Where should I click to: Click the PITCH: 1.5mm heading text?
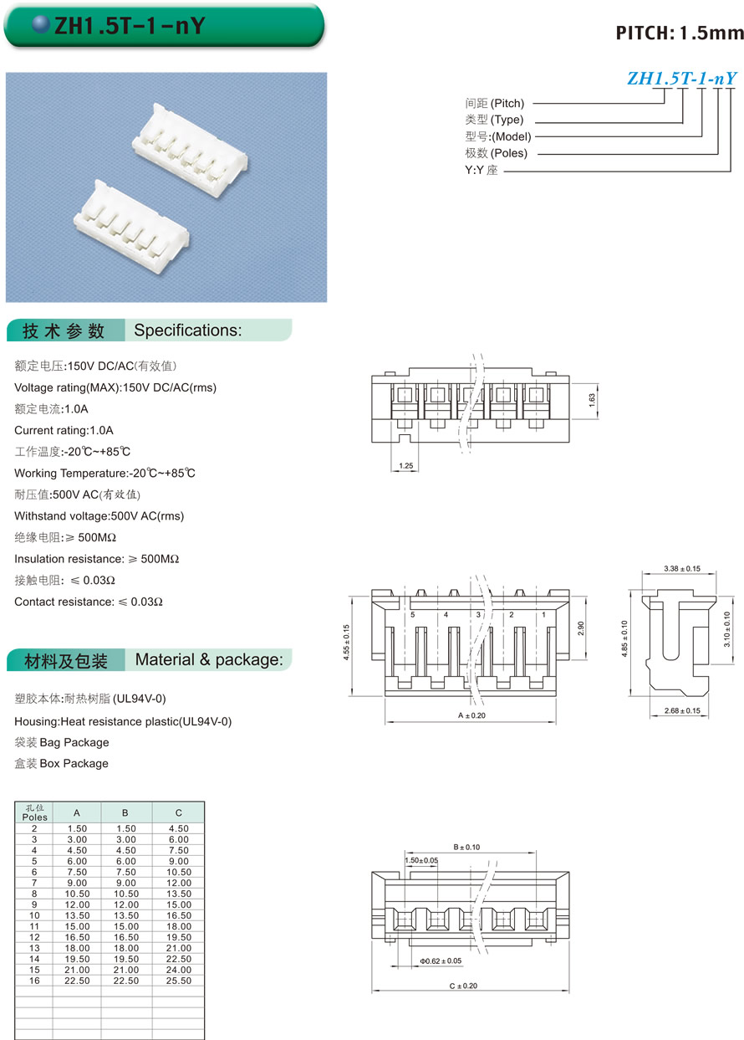click(679, 33)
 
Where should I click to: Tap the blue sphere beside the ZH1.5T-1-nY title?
click(41, 26)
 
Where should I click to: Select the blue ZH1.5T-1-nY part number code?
click(681, 79)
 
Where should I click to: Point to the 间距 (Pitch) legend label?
click(494, 104)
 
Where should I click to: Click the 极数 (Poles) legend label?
click(497, 153)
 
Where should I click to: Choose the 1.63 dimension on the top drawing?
click(591, 398)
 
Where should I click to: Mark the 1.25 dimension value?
click(406, 464)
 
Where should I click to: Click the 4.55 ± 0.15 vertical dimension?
click(346, 642)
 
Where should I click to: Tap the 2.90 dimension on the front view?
click(579, 628)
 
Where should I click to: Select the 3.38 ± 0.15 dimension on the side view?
click(681, 568)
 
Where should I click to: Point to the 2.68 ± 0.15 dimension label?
click(681, 711)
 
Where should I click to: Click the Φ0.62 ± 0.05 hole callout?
click(440, 961)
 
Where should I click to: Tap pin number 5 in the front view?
click(413, 615)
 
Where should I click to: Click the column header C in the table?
click(178, 812)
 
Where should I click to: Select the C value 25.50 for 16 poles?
click(178, 981)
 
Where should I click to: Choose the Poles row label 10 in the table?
click(34, 916)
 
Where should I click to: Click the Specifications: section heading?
click(187, 330)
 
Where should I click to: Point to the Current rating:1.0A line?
click(64, 430)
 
